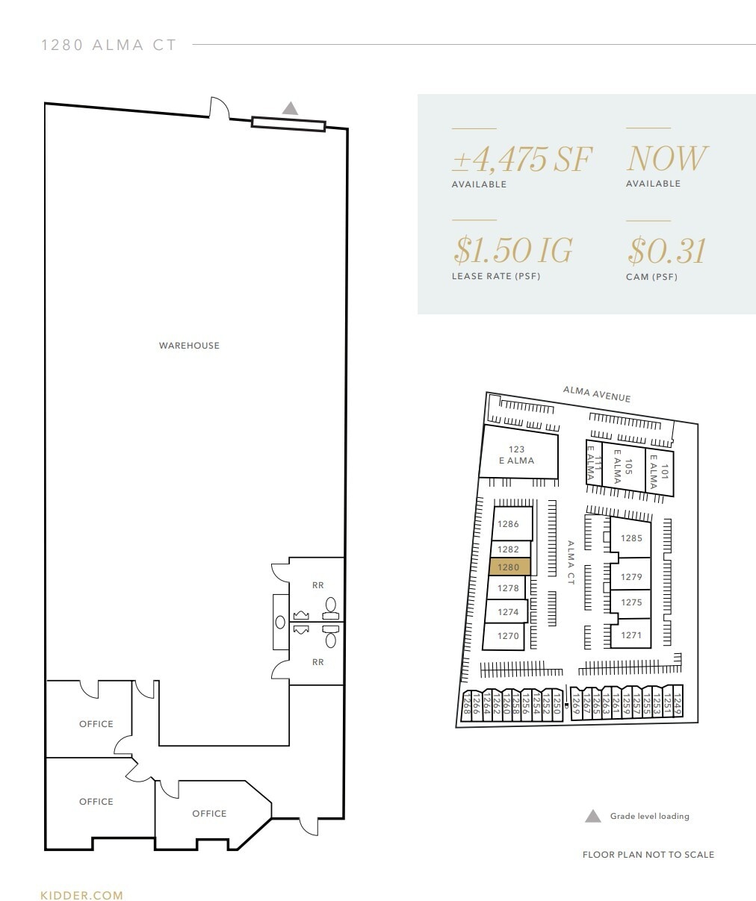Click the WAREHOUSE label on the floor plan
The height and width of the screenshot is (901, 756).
189,346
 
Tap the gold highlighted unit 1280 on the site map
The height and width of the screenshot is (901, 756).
509,567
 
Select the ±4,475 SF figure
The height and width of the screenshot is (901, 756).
522,158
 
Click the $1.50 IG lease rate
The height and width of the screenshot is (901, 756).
513,250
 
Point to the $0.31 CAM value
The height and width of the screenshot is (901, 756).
667,251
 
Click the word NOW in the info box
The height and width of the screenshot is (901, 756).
666,158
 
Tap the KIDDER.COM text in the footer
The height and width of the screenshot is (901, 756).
81,895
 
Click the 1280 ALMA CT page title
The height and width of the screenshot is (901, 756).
109,45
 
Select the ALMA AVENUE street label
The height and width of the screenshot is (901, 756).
597,394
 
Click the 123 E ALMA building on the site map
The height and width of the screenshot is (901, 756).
517,455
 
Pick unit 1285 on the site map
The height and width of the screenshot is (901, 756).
631,538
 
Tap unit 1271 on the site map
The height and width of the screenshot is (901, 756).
631,635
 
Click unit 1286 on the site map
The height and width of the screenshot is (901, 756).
508,524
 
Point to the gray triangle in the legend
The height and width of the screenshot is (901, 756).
592,816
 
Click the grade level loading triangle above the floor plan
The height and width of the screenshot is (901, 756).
290,109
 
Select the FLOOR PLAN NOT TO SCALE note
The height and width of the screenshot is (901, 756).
648,855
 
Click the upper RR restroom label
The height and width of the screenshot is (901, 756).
318,585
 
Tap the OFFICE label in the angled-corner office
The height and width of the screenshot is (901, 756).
209,814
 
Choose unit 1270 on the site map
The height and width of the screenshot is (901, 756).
508,637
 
